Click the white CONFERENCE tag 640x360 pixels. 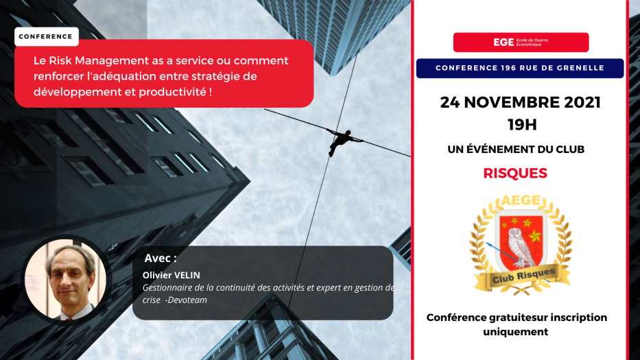click(x=47, y=37)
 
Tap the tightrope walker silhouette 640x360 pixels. click(x=344, y=142)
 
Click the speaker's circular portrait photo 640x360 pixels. click(x=66, y=279)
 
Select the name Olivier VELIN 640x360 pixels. click(x=171, y=275)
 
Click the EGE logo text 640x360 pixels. click(x=503, y=43)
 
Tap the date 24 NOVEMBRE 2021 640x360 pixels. click(x=521, y=102)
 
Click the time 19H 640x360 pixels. click(x=522, y=125)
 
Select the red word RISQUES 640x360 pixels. click(x=515, y=173)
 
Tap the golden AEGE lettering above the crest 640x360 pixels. click(x=521, y=200)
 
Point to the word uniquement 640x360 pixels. click(x=516, y=332)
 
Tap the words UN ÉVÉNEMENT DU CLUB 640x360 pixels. click(x=516, y=149)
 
